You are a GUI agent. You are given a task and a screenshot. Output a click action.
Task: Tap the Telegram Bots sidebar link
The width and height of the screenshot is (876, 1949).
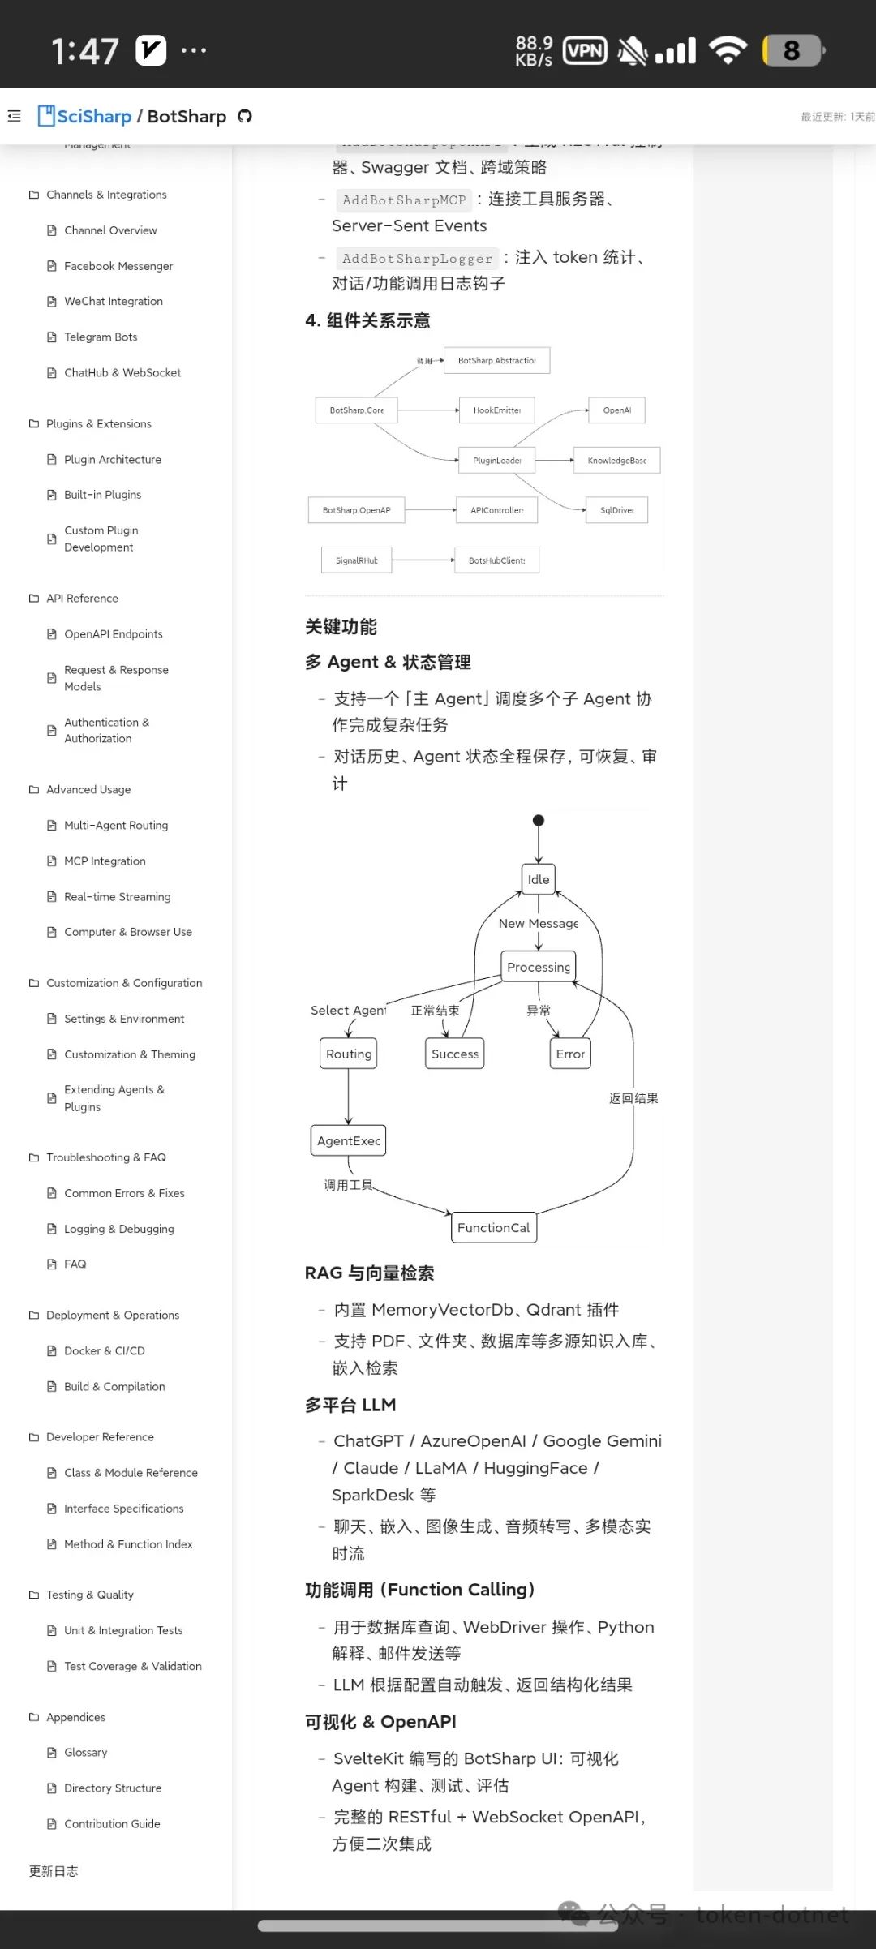(101, 337)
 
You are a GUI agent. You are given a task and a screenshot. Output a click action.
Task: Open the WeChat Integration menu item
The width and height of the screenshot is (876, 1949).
(113, 301)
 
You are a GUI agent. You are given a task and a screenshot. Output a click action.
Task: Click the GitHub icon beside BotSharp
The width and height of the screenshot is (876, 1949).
(245, 116)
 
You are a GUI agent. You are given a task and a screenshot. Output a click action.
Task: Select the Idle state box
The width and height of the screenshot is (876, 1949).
(539, 879)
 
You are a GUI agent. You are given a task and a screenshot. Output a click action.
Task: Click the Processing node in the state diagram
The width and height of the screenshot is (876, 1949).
(539, 967)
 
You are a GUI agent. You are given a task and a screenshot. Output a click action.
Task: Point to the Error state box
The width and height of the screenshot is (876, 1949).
(570, 1054)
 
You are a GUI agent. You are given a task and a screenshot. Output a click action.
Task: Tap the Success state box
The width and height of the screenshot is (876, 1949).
(455, 1054)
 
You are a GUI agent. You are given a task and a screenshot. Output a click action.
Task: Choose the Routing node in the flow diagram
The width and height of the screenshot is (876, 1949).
(349, 1054)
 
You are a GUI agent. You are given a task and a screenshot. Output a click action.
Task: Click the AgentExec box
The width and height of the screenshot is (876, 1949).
(349, 1140)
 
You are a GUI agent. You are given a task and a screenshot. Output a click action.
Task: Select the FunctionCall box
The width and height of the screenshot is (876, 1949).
(494, 1227)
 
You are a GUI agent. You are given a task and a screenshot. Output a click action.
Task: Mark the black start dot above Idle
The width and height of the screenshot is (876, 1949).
(539, 820)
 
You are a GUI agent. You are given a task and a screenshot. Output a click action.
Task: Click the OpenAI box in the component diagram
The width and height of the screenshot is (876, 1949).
(617, 410)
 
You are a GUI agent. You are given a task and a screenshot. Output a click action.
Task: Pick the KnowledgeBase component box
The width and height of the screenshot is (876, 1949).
(617, 461)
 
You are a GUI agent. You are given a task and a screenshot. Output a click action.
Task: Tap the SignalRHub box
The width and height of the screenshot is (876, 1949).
(357, 560)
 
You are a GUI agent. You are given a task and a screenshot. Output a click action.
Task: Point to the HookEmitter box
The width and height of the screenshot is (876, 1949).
(497, 410)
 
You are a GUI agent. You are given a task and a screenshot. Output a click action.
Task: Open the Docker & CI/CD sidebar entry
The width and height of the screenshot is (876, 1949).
(104, 1350)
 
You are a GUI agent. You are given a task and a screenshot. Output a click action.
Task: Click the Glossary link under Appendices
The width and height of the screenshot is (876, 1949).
(85, 1752)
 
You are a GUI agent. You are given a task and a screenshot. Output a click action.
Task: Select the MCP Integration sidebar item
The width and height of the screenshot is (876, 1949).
(105, 861)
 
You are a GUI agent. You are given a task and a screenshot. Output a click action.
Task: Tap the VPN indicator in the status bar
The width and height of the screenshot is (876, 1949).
(585, 51)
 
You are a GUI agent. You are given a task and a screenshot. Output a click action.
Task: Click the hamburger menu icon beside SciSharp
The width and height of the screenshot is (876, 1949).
(15, 116)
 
